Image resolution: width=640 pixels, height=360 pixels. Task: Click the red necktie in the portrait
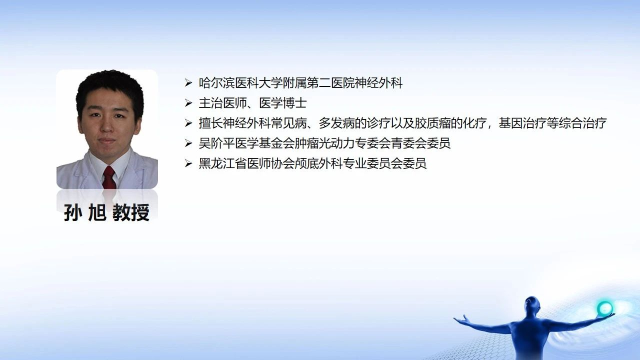click(109, 177)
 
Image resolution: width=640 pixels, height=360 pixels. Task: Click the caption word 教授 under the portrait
click(131, 212)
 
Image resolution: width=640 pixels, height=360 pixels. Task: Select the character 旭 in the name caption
click(97, 212)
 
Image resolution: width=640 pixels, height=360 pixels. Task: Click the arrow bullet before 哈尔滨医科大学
click(188, 83)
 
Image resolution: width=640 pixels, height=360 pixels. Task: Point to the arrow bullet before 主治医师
click(188, 103)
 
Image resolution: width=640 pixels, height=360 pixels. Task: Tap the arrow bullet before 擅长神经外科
click(188, 123)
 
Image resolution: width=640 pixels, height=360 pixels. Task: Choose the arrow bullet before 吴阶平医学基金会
click(188, 143)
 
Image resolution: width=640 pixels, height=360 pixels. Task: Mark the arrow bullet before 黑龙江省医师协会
click(188, 163)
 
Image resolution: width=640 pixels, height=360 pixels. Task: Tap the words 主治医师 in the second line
click(223, 103)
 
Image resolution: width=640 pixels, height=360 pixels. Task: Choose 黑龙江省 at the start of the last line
click(223, 163)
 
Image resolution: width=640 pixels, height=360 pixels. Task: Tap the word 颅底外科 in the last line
click(319, 163)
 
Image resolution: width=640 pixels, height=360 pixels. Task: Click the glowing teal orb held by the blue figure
click(604, 308)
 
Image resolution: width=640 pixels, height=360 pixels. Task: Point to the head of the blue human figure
click(531, 305)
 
